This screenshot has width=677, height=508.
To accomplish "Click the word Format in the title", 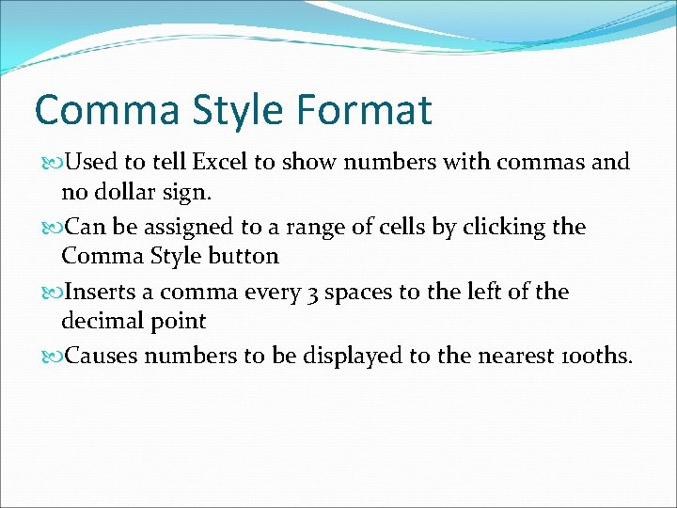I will point(363,109).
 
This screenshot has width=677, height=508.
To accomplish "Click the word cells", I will point(415,227).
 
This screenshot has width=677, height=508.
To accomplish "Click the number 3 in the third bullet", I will point(314,293).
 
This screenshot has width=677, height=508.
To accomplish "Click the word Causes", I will point(102,357).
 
